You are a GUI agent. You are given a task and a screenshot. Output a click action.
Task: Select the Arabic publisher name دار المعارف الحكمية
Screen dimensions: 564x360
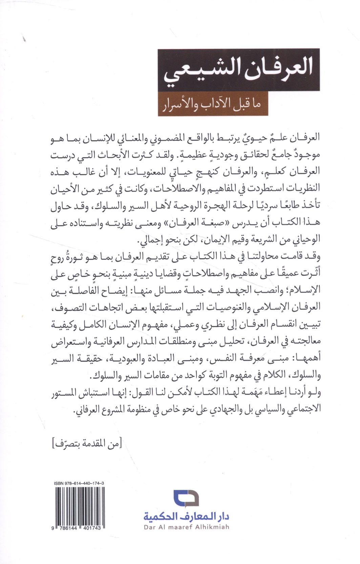click(187, 517)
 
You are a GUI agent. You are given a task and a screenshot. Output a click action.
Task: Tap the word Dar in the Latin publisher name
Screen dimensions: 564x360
click(149, 527)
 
